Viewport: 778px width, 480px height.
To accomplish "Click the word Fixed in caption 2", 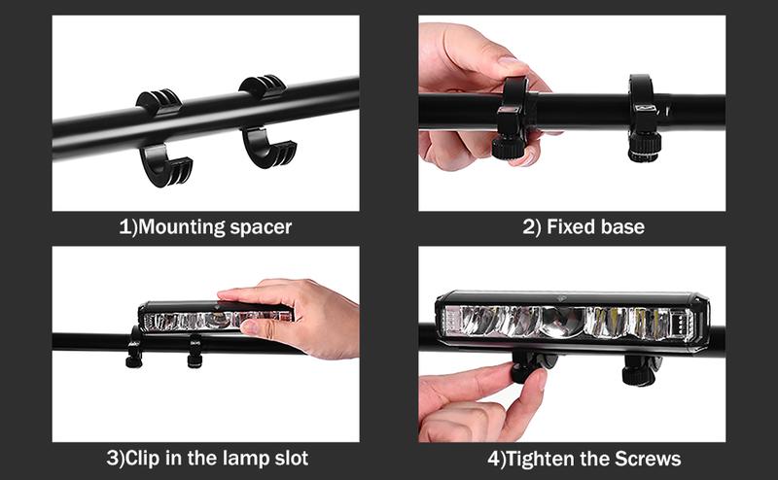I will [569, 228].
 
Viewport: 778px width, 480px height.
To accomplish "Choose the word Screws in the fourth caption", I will [643, 458].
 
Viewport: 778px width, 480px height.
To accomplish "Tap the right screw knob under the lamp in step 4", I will [643, 370].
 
